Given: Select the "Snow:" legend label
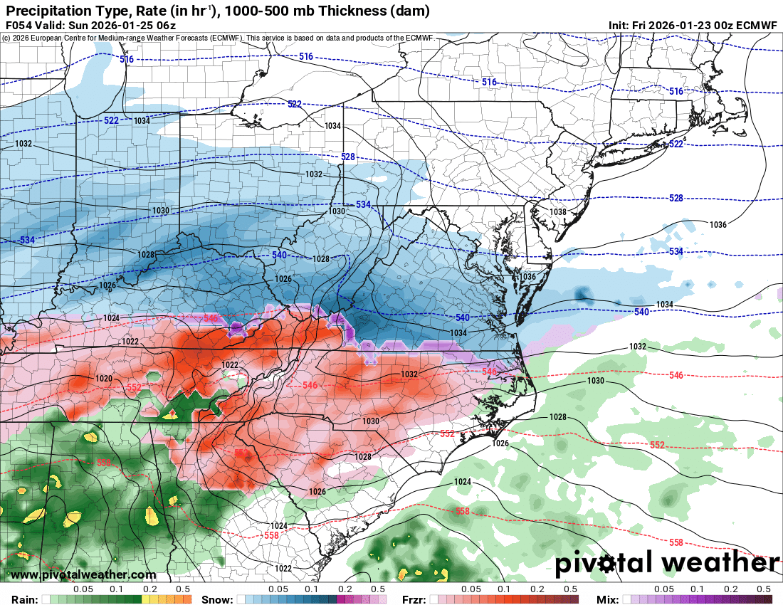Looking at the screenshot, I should tap(216, 599).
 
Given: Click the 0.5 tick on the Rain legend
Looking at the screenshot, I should tap(183, 589).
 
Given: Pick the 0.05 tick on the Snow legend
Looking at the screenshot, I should tap(278, 589).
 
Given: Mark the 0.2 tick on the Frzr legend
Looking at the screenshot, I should tap(537, 589).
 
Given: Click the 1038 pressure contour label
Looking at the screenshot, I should tap(557, 212).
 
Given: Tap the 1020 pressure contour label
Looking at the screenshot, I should tap(104, 379).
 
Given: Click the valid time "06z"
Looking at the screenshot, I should tap(166, 25).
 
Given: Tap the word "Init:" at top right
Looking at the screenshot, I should tap(619, 25).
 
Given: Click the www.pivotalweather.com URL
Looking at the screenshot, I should tap(83, 574).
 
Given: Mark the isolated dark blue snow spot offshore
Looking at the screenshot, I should tap(584, 294).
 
